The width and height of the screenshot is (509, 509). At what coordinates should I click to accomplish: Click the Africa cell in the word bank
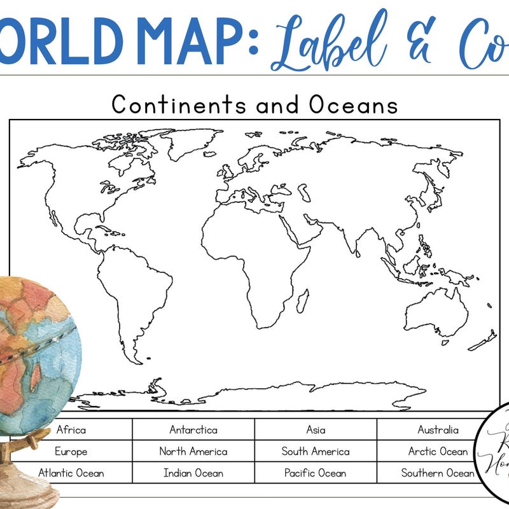click(71, 429)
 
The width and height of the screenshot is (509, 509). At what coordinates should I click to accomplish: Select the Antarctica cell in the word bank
click(193, 429)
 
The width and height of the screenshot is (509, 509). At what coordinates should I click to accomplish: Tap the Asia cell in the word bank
click(316, 429)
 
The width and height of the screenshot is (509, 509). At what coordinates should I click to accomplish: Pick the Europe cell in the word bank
click(71, 451)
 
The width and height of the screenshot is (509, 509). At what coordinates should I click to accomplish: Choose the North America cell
click(193, 451)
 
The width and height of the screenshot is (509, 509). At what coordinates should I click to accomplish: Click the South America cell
click(316, 451)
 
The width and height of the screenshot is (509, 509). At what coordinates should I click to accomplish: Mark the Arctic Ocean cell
click(438, 451)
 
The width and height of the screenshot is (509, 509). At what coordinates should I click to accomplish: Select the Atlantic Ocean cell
click(71, 473)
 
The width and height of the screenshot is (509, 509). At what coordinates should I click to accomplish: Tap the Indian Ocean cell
click(193, 473)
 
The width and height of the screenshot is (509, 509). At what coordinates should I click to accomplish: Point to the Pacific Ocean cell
click(316, 473)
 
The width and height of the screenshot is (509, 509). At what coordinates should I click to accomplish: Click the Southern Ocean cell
click(438, 473)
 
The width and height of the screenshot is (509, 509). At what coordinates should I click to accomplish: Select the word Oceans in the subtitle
click(354, 104)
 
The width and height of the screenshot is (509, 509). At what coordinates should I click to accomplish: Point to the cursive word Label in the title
click(331, 42)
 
